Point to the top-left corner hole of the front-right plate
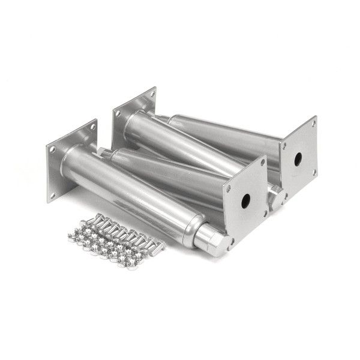[229, 188]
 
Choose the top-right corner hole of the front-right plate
[262, 161]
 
